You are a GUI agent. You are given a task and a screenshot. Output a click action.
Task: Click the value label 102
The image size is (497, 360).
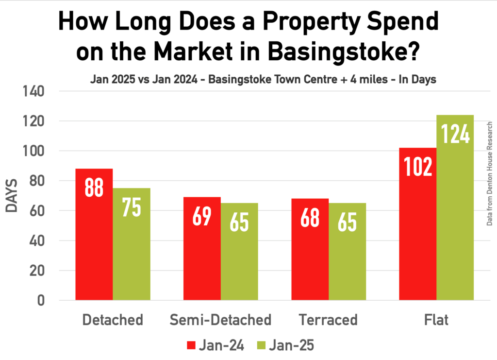tap(417, 166)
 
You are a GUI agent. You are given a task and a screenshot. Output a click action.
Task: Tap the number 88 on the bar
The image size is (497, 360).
tap(94, 187)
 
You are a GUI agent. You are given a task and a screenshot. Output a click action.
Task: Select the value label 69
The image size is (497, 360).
tap(202, 216)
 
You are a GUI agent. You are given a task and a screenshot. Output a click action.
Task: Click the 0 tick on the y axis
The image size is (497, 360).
tap(41, 300)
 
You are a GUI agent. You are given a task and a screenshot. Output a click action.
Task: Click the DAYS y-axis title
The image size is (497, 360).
tap(12, 196)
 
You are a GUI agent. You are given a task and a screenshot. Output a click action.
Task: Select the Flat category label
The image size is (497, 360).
tap(436, 320)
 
